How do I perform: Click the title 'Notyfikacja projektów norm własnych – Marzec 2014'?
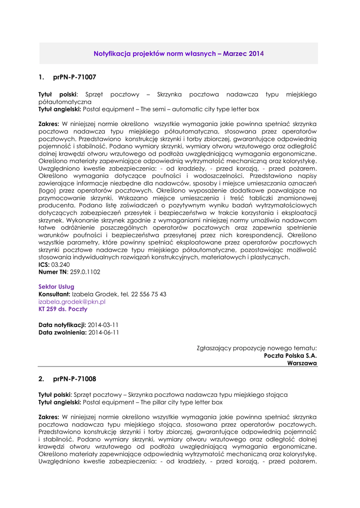[x=179, y=53]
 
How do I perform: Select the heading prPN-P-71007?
[x=74, y=77]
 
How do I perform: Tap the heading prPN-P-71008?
[x=74, y=379]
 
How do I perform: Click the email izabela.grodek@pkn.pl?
[x=72, y=302]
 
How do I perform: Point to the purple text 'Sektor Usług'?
[x=56, y=287]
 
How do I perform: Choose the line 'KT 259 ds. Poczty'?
[x=63, y=309]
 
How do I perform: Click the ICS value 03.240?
[x=61, y=264]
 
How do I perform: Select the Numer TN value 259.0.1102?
[x=84, y=272]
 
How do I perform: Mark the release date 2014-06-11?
[x=103, y=332]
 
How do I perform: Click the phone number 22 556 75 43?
[x=148, y=294]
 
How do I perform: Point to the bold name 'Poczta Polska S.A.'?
[x=290, y=356]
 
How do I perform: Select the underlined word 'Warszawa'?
[x=302, y=363]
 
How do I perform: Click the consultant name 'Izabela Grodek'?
[x=94, y=294]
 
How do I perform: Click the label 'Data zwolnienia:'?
[x=62, y=332]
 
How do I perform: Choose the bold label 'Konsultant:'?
[x=55, y=294]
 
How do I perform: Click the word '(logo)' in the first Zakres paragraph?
[x=48, y=190]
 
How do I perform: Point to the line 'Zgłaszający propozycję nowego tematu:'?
[x=257, y=348]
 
